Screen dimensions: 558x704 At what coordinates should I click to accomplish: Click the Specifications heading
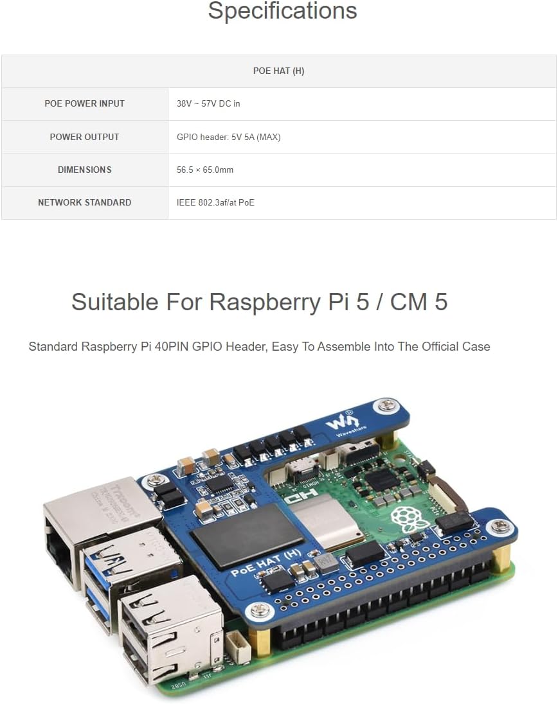[x=282, y=11]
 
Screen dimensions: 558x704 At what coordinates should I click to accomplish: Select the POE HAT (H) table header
[x=278, y=71]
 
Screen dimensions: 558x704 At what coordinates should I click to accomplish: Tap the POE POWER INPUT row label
[x=84, y=103]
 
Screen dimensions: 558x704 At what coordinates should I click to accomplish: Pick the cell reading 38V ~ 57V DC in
[x=208, y=103]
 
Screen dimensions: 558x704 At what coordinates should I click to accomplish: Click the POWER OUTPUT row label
[x=84, y=137]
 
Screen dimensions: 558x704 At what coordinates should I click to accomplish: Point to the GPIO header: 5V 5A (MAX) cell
[x=228, y=137]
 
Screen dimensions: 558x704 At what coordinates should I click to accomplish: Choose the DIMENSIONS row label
[x=84, y=170]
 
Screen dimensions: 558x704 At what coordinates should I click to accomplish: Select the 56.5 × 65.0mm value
[x=205, y=170]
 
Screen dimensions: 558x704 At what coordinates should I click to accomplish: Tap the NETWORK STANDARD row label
[x=84, y=202]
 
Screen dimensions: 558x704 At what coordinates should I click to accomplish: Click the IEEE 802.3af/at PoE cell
[x=215, y=203]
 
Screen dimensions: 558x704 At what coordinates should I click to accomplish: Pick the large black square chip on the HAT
[x=237, y=535]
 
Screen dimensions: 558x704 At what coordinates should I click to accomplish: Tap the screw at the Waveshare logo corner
[x=387, y=405]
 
